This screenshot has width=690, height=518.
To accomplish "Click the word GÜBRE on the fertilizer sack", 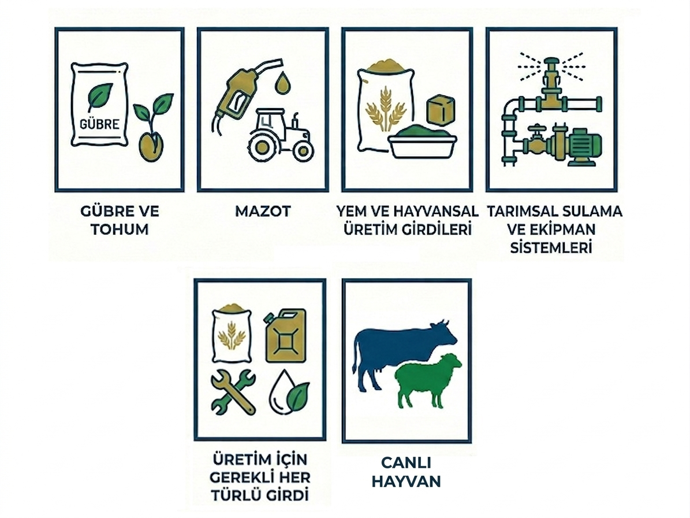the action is point(99,123).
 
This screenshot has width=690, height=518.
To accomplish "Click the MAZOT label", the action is point(263,212).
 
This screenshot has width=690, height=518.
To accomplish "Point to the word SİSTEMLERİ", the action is point(551,247).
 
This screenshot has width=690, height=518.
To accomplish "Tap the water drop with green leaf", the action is point(289,391).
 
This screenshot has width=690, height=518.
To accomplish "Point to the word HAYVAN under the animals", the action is point(406,481).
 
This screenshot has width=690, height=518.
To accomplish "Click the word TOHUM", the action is point(120,230).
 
